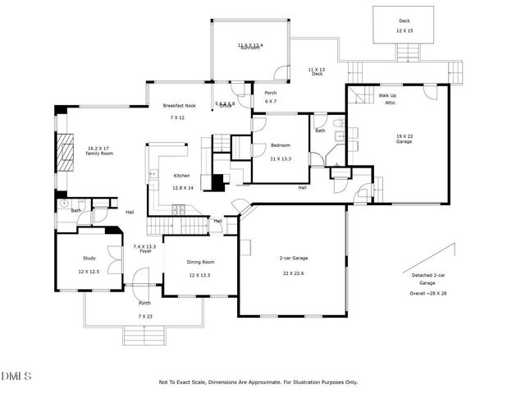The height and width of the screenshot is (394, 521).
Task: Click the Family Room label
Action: (x=98, y=153)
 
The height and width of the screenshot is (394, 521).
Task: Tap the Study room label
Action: (x=89, y=257)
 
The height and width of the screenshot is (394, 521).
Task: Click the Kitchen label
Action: (x=181, y=176)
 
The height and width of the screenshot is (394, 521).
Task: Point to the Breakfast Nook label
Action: (x=178, y=106)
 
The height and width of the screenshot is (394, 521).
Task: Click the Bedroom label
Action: (x=281, y=146)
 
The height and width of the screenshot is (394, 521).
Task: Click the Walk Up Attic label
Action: (x=387, y=99)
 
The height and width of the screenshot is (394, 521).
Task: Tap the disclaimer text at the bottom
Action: (x=258, y=382)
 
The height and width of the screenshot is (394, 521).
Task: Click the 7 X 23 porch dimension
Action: (x=144, y=316)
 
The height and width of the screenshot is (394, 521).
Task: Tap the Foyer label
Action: (x=145, y=251)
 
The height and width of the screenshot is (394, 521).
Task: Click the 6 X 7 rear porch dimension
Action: (x=270, y=102)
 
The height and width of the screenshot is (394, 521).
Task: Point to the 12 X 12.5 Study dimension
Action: (x=89, y=271)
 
